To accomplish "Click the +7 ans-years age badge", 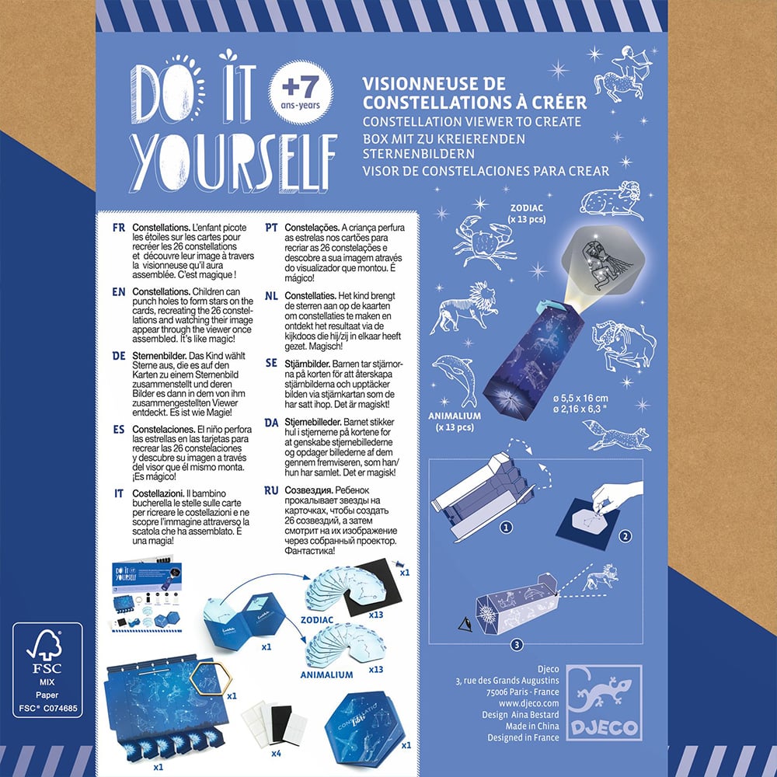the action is click(x=300, y=92).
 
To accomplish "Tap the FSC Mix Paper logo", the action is click(x=47, y=670).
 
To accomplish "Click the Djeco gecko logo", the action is click(x=604, y=702).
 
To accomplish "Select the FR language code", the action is click(x=118, y=228).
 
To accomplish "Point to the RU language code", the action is click(x=271, y=490).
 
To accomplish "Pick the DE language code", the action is click(x=119, y=356).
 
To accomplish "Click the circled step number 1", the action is click(x=506, y=528).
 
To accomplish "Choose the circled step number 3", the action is click(x=517, y=645).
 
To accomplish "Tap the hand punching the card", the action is click(x=616, y=497).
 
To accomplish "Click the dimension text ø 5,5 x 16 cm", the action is click(x=580, y=398).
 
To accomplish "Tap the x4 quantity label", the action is click(x=277, y=754).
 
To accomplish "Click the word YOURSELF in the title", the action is click(x=233, y=162).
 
